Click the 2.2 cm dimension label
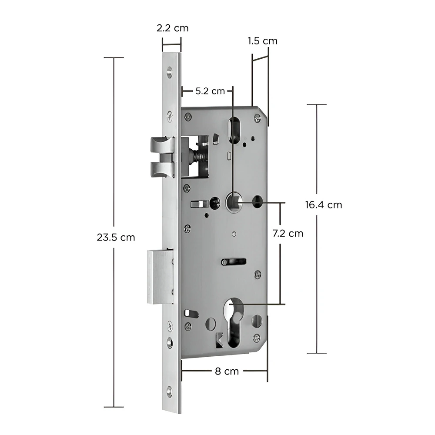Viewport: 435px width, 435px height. click(x=173, y=28)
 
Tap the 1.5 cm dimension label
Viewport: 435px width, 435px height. click(x=262, y=41)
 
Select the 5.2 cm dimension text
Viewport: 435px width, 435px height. click(x=210, y=91)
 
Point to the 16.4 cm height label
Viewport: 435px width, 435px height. click(x=323, y=205)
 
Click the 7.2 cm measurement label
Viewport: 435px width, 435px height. click(x=288, y=233)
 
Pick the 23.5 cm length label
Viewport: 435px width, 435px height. click(x=116, y=238)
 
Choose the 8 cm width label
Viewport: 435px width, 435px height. click(x=227, y=371)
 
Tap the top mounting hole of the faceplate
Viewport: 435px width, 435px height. click(x=168, y=71)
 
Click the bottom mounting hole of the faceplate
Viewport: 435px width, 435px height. click(x=169, y=390)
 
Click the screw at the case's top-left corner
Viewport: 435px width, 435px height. click(x=188, y=116)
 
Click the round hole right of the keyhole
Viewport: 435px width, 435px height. click(x=257, y=321)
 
